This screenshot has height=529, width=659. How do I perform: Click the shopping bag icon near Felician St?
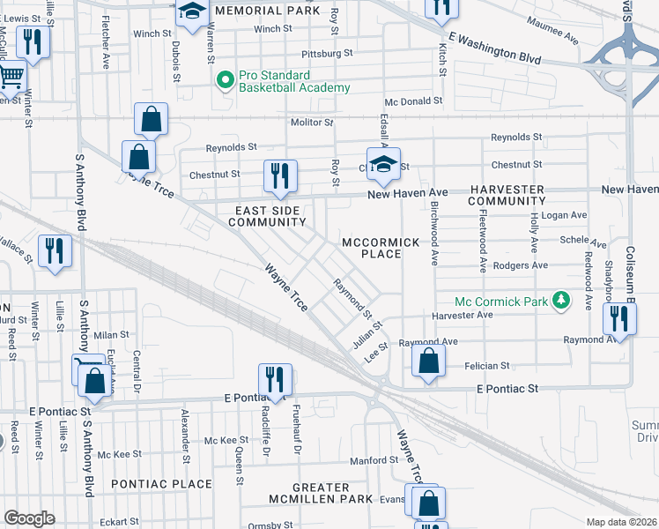(x=427, y=361)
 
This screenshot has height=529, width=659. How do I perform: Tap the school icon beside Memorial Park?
(x=191, y=11)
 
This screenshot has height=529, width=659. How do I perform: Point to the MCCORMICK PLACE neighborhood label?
(x=371, y=248)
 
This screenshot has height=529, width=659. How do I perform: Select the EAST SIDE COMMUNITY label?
(x=267, y=216)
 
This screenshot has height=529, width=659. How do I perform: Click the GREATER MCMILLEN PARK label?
(x=321, y=494)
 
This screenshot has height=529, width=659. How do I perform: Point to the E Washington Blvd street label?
(x=492, y=49)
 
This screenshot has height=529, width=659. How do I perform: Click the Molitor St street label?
(x=313, y=123)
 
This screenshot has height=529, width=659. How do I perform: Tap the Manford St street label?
(x=374, y=460)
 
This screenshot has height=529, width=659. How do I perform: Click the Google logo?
(x=29, y=518)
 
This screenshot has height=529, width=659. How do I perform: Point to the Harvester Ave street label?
(x=462, y=315)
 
